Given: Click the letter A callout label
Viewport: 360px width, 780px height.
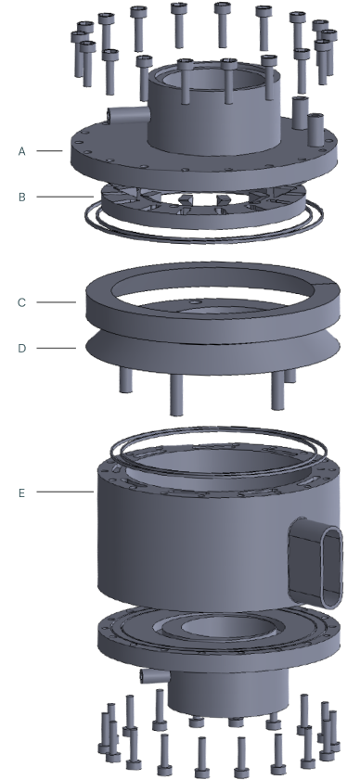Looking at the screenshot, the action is pyautogui.click(x=21, y=151).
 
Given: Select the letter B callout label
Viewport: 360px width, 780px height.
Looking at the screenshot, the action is pyautogui.click(x=21, y=197).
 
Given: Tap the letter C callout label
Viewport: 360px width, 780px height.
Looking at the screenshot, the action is pyautogui.click(x=21, y=302).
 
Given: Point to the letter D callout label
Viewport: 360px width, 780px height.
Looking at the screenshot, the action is pyautogui.click(x=21, y=348).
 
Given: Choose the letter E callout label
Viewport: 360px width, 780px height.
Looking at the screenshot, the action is pyautogui.click(x=21, y=493).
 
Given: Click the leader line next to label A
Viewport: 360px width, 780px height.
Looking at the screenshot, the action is pyautogui.click(x=49, y=151).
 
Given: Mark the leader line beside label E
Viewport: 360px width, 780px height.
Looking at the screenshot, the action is pyautogui.click(x=65, y=492).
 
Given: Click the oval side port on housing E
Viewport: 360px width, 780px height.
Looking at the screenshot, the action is pyautogui.click(x=316, y=562).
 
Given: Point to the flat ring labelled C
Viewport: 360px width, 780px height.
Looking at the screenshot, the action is pyautogui.click(x=213, y=298).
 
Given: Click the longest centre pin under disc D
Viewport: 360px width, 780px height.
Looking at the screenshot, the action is pyautogui.click(x=176, y=394).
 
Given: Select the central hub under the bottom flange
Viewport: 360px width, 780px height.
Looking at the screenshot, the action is pyautogui.click(x=228, y=692).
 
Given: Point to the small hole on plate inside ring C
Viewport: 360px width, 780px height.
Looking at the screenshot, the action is pyautogui.click(x=196, y=302).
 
